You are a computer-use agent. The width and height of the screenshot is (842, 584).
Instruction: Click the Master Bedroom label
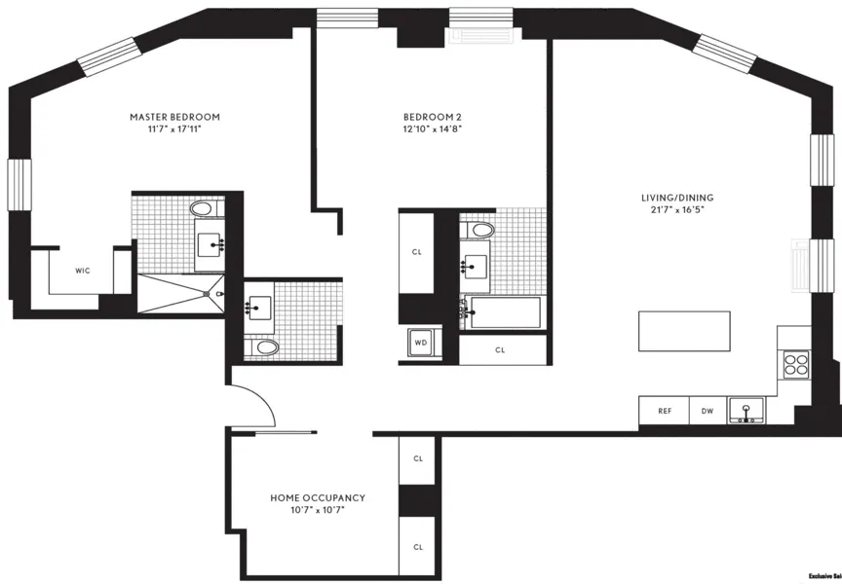coord(174,117)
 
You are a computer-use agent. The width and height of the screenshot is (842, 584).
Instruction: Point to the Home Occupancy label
coord(318,497)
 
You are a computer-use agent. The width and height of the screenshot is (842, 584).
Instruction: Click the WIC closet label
coord(83,271)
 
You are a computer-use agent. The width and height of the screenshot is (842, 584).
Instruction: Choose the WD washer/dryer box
coord(421,343)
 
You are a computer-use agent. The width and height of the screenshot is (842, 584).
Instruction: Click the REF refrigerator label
coord(665,411)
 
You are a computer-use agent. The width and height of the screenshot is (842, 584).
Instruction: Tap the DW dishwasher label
coord(708,411)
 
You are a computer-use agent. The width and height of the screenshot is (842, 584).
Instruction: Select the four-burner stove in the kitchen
coord(796,365)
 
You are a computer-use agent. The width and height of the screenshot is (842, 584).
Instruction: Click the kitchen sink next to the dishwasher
coord(749,411)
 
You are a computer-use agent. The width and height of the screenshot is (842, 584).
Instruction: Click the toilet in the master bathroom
coord(203,208)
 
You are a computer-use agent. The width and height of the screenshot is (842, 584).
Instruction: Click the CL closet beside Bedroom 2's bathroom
coord(417,252)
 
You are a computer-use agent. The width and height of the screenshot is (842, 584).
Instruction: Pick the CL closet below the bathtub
coord(500,349)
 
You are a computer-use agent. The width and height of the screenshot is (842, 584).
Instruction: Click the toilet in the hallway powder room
coord(263,347)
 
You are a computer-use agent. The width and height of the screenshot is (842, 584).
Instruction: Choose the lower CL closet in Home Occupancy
coord(418,546)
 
